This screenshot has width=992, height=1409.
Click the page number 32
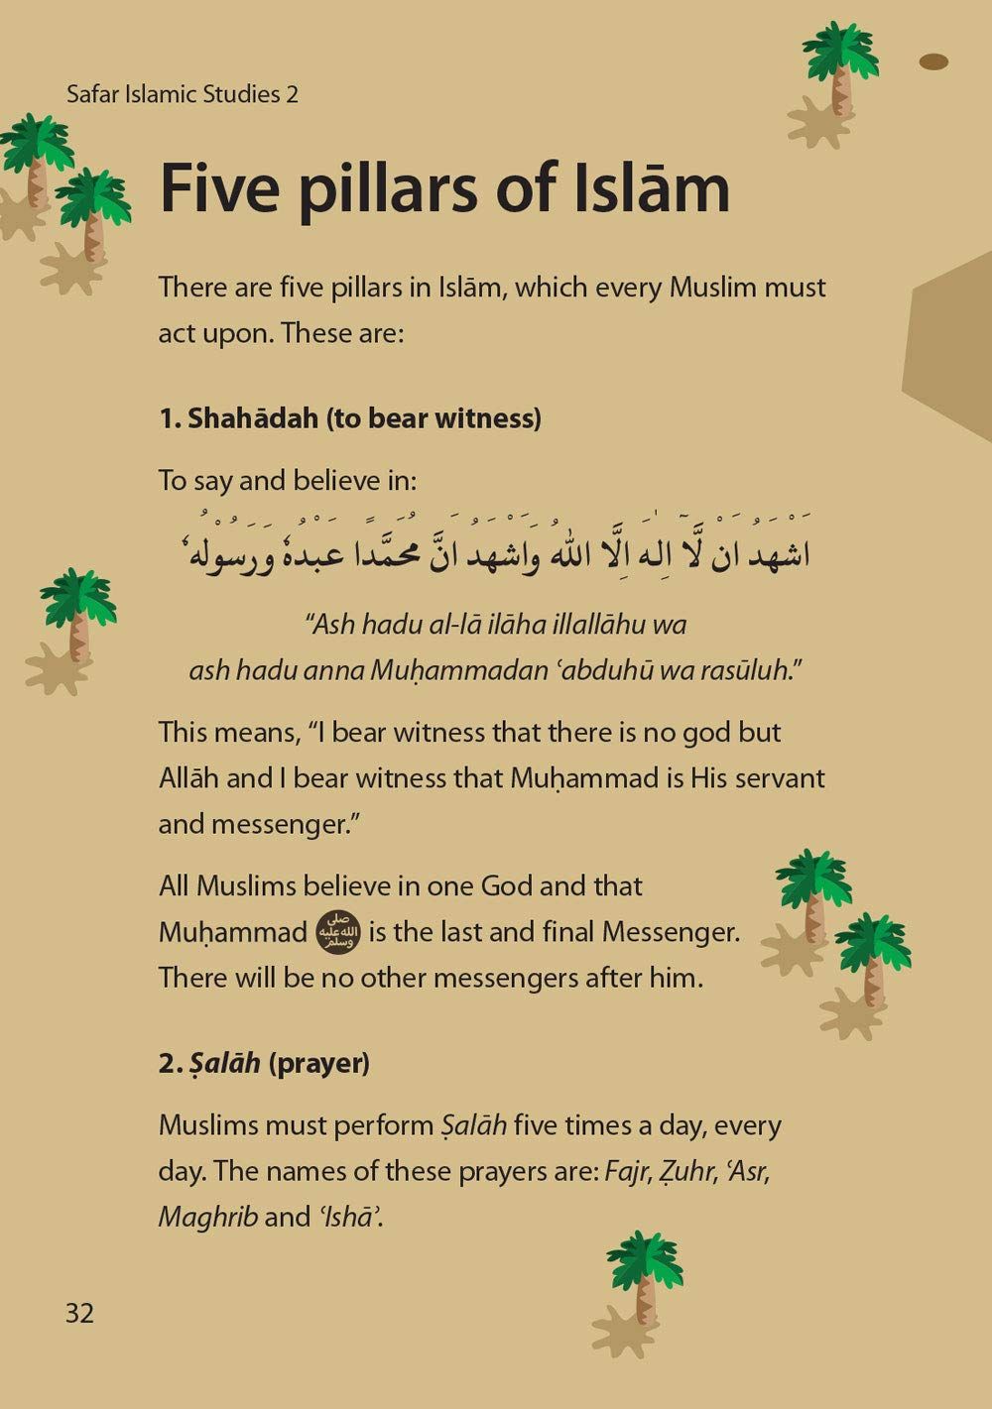click(x=79, y=1313)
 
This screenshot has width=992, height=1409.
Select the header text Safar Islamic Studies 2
click(x=183, y=95)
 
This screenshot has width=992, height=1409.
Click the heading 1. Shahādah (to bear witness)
click(x=350, y=418)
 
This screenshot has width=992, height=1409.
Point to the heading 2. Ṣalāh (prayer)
click(x=264, y=1063)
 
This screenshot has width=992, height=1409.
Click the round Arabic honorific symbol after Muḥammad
click(x=337, y=933)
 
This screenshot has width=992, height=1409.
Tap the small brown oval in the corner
click(x=933, y=62)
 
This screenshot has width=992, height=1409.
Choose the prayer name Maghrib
click(x=207, y=1217)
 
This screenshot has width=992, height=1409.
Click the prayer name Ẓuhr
click(x=687, y=1171)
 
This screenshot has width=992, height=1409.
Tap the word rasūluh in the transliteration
click(x=752, y=670)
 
